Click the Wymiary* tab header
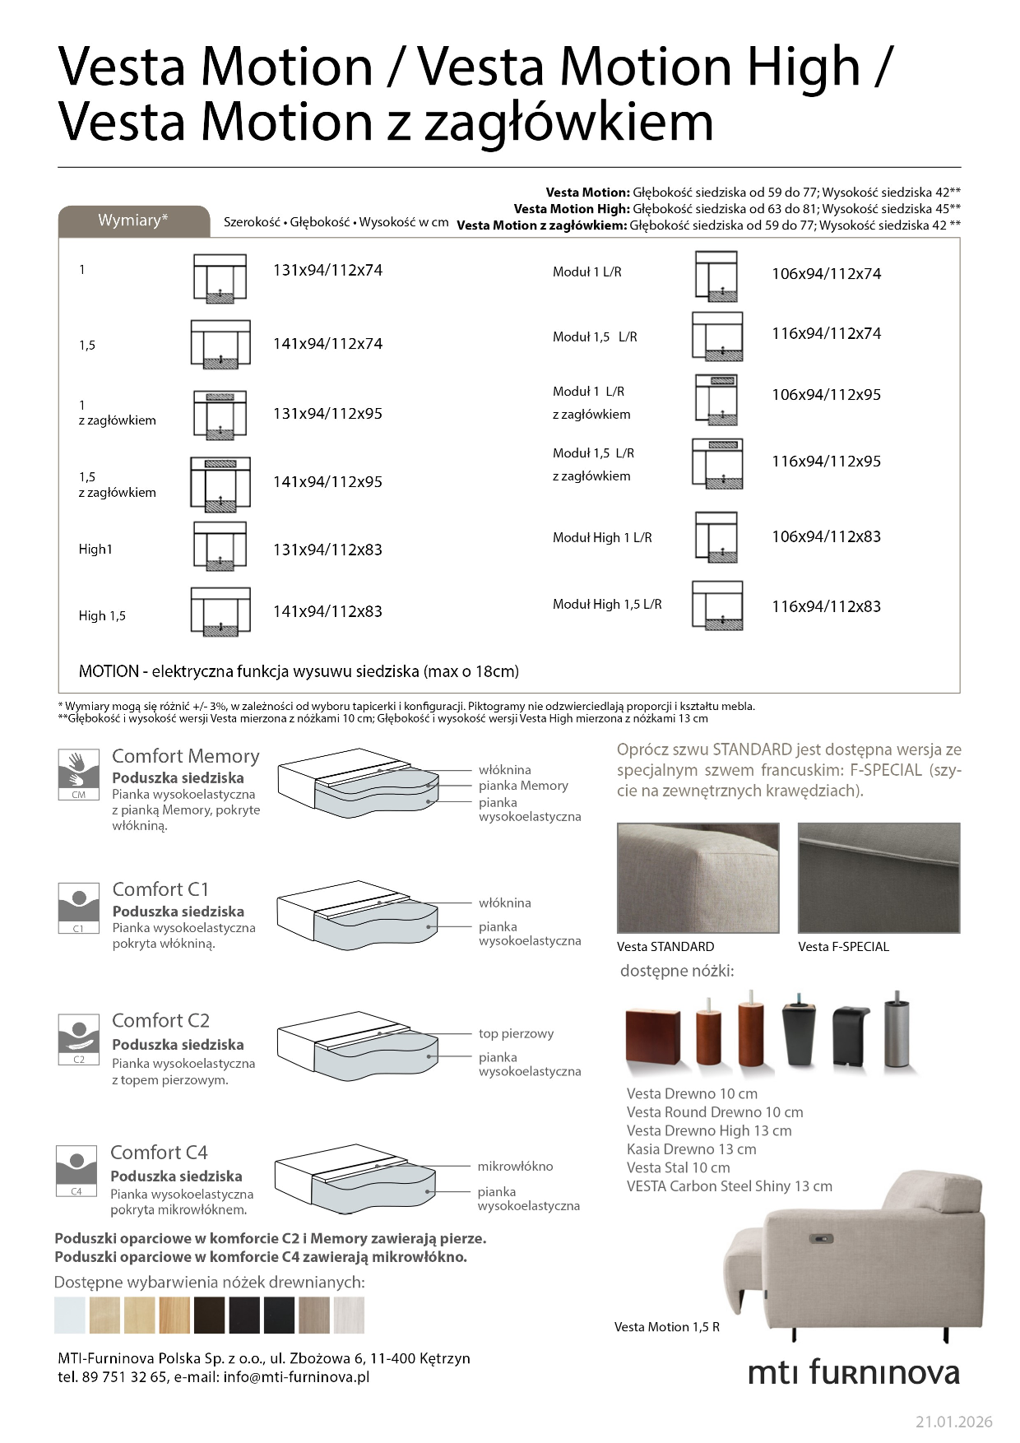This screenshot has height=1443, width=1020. (x=133, y=220)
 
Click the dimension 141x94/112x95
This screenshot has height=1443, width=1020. (x=327, y=482)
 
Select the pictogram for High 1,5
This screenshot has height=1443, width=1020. (x=220, y=612)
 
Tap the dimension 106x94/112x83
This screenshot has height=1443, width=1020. (x=826, y=537)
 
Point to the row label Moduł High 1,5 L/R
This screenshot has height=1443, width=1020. (x=607, y=605)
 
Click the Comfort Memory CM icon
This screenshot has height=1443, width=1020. (x=78, y=773)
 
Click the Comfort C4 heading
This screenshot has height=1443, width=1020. (x=159, y=1153)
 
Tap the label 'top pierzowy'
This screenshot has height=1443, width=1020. (x=516, y=1034)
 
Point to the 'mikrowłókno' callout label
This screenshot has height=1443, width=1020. (x=515, y=1167)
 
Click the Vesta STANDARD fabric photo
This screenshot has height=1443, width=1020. (x=698, y=878)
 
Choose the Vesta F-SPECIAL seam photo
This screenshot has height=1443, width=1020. (x=879, y=878)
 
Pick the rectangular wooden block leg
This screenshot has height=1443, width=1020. (x=652, y=1037)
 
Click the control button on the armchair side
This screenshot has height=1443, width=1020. (x=821, y=1239)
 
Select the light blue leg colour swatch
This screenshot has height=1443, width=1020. (x=70, y=1315)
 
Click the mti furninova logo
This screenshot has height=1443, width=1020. (x=853, y=1372)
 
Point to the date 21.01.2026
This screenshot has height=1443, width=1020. (x=953, y=1422)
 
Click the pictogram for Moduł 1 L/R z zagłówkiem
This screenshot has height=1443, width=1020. (x=716, y=400)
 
